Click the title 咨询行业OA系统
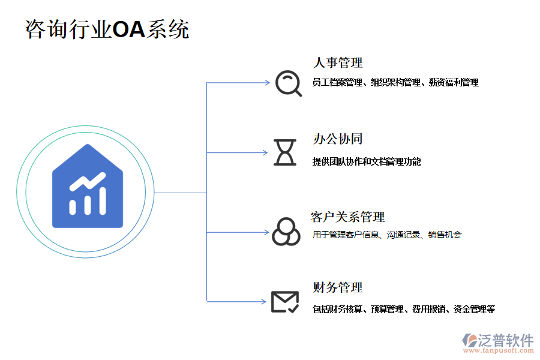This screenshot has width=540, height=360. coord(107,29)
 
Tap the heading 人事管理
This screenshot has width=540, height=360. coord(338,62)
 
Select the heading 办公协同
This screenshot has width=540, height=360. coord(338,139)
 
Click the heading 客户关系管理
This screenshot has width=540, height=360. coord(348,217)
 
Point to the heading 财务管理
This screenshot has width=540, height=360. coord(338,287)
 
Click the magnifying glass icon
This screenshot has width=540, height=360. coord(288,83)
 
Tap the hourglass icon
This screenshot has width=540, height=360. coord(285,152)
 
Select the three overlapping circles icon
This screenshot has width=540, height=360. coord(286,231)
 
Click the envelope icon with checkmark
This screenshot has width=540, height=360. coord(285,301)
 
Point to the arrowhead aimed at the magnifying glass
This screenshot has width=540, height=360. coord(268,82)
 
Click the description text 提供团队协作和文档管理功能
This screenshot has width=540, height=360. coord(367,161)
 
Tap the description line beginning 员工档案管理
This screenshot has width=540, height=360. coord(395,83)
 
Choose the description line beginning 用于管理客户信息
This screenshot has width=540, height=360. coord(387,235)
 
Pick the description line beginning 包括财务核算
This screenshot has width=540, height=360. coord(403,310)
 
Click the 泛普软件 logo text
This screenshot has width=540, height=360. coord(505,340)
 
